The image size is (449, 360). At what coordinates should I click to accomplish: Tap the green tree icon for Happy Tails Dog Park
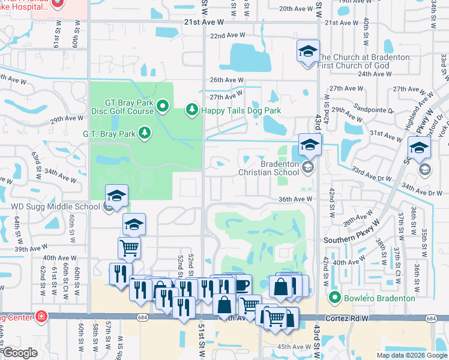(191, 109)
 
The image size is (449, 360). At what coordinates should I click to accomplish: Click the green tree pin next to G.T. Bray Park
(144, 133)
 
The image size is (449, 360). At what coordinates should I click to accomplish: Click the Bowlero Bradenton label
(378, 298)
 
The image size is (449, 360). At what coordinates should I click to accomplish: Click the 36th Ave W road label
(297, 199)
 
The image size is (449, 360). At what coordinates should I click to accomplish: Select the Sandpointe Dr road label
(375, 110)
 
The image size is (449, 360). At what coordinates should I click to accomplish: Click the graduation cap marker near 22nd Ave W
(308, 52)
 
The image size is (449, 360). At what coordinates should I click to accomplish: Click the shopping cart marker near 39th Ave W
(130, 248)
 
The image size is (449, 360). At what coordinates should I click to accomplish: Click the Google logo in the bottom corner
(20, 353)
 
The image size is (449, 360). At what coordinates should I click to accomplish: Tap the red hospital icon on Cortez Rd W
(41, 316)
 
